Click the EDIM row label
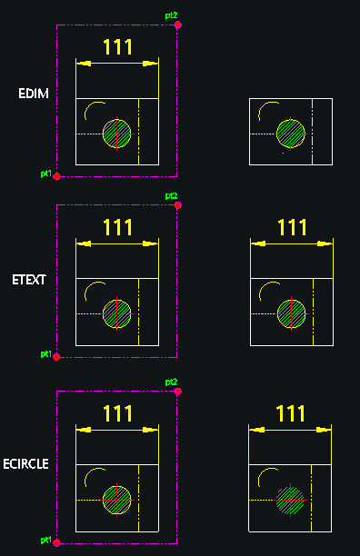(x=34, y=94)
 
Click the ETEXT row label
(x=29, y=280)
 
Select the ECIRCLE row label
(x=25, y=464)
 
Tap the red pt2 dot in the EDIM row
(x=178, y=25)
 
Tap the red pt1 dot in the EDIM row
(x=56, y=176)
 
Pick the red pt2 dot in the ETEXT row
(x=178, y=205)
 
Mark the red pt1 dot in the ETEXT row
(x=56, y=357)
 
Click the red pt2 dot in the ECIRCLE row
(x=178, y=392)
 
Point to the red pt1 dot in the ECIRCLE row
(x=56, y=543)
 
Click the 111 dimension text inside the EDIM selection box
(x=118, y=47)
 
